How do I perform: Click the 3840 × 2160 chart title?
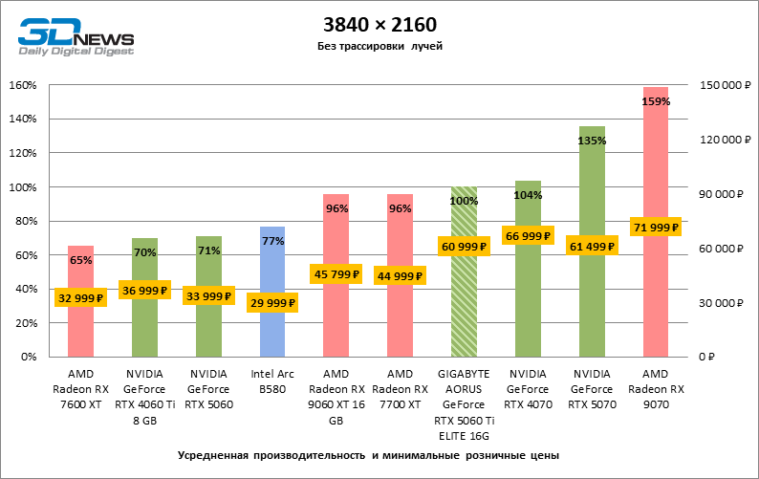(x=379, y=22)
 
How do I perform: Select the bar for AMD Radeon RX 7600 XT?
(x=80, y=325)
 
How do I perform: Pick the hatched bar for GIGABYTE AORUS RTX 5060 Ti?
(x=464, y=306)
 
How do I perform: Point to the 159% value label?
(x=656, y=100)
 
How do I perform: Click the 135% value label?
(x=592, y=141)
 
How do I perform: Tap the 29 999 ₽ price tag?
(x=272, y=303)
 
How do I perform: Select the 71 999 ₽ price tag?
(x=656, y=228)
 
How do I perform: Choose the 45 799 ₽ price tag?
(x=336, y=274)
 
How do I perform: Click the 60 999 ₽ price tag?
(x=464, y=247)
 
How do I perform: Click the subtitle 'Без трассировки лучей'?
(x=379, y=46)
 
